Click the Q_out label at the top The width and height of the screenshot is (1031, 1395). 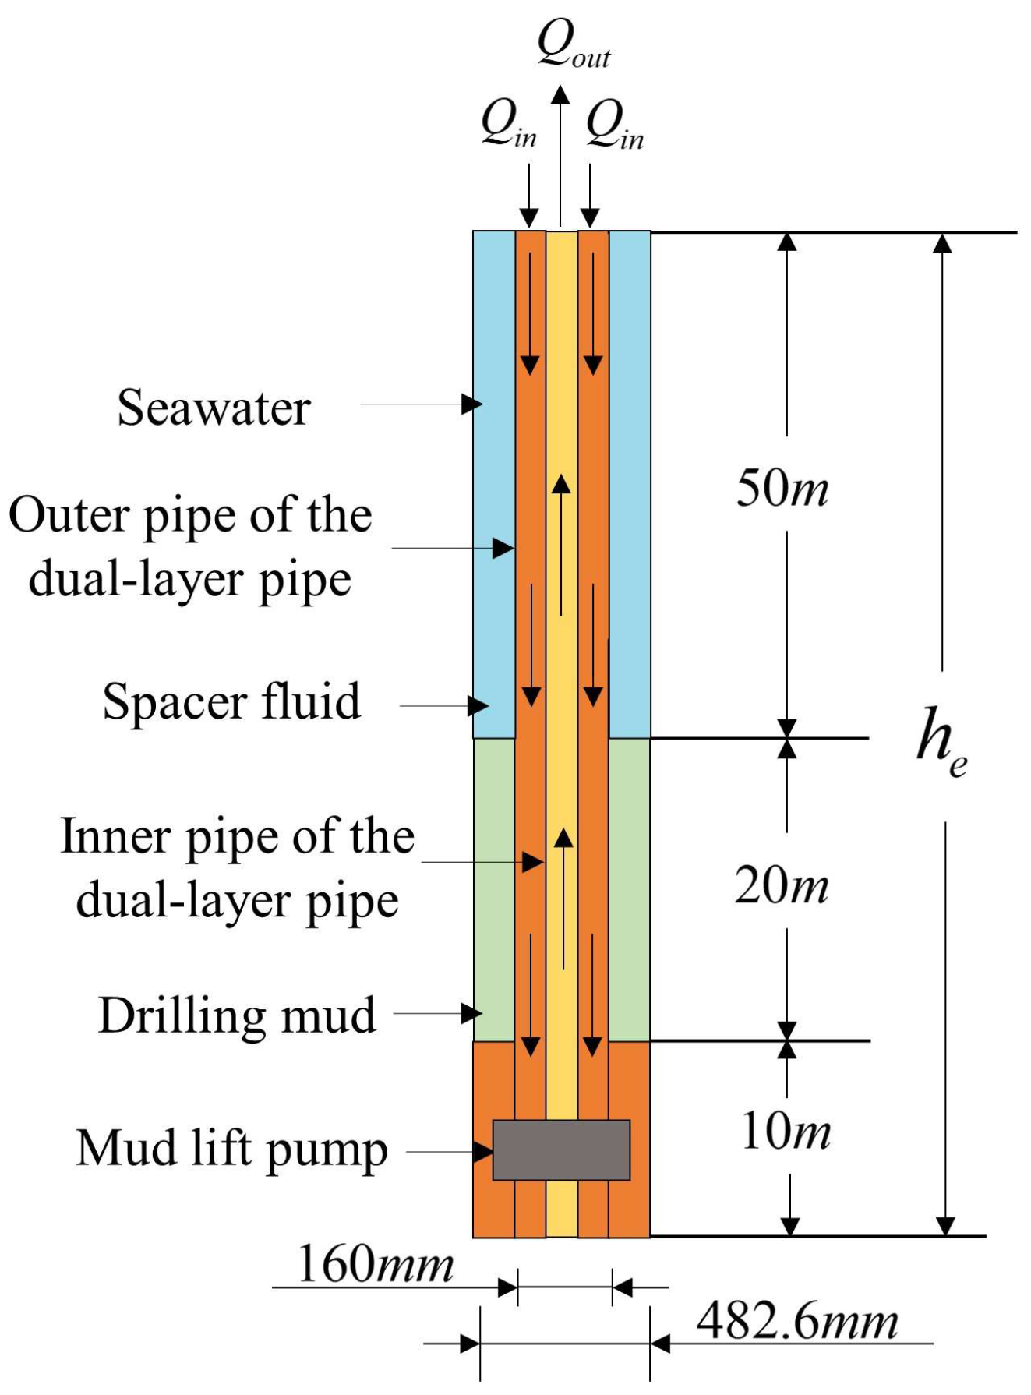coord(574,45)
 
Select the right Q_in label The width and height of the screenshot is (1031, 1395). coord(615,125)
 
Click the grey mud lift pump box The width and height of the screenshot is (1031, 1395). coord(561,1150)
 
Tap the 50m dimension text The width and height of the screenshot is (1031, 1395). coord(782,489)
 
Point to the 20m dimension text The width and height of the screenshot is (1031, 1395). coord(782,886)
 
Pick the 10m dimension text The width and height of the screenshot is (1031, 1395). coord(786,1131)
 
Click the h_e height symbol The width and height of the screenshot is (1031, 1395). coord(941,741)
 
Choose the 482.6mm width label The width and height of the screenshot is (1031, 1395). coord(797,1321)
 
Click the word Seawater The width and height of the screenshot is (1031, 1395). coord(214,408)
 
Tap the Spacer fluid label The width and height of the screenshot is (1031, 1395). coord(232,701)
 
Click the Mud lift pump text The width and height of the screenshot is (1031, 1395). coord(232,1150)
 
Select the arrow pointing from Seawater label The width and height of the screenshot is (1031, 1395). coord(421,404)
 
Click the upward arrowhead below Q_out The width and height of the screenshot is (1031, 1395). coord(560,95)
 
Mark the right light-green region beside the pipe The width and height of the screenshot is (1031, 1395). coord(629,888)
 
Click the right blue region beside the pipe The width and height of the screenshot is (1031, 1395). coord(630,483)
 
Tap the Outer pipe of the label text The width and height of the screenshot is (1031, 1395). coord(190,515)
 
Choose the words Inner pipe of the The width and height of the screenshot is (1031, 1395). coord(238,836)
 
